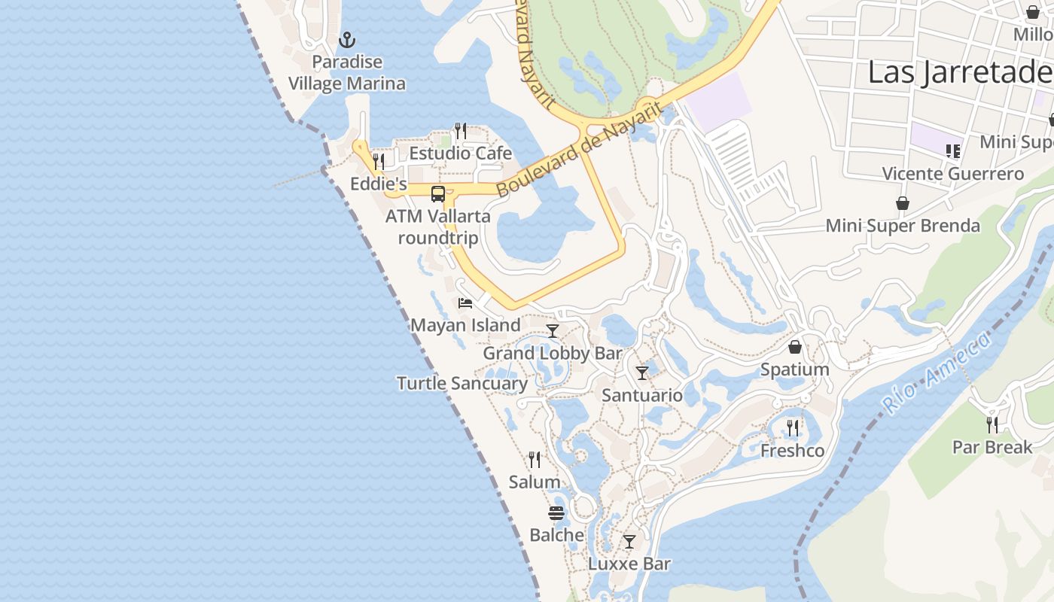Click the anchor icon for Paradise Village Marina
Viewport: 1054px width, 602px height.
[347, 39]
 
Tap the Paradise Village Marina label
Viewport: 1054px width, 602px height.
[347, 73]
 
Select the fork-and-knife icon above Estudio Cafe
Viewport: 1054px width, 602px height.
[461, 131]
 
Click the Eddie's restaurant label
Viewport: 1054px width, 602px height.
[379, 184]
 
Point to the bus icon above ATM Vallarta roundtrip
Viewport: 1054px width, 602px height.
[438, 193]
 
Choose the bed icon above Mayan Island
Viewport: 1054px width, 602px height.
[465, 303]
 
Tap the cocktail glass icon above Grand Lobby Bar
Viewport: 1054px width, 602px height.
[553, 330]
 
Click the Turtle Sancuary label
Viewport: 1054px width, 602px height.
[462, 383]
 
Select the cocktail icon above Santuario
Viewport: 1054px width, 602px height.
[642, 372]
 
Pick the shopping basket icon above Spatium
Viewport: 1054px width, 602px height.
[795, 347]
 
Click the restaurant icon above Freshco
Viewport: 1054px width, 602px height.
[793, 428]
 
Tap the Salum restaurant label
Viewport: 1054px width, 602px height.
[535, 482]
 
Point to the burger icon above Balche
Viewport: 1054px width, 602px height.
[556, 513]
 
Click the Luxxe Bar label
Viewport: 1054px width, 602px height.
[629, 564]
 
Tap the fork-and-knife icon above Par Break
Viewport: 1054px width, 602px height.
[992, 425]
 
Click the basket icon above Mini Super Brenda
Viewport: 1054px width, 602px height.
[903, 203]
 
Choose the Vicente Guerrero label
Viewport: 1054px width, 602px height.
[953, 174]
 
